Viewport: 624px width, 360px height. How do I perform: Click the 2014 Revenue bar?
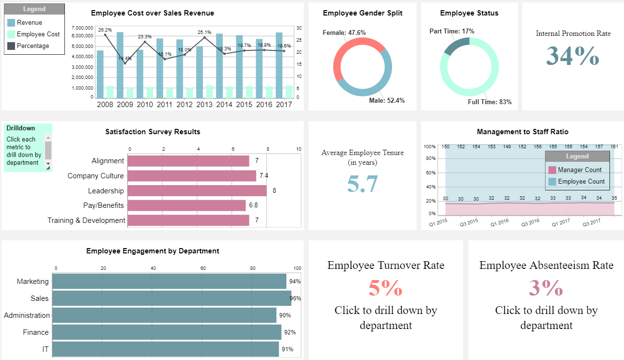pos(219,65)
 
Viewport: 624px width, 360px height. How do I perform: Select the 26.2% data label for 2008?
pos(105,30)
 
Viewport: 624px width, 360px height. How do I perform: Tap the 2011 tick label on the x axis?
pos(165,104)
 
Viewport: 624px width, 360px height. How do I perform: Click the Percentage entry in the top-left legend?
pos(32,46)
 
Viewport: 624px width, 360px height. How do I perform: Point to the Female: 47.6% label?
pos(344,32)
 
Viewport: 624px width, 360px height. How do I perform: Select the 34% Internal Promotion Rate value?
pos(573,56)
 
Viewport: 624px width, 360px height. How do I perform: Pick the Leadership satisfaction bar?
pos(197,190)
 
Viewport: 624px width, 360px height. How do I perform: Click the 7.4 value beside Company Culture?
pos(264,175)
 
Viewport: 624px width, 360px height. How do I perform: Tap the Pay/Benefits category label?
pos(103,205)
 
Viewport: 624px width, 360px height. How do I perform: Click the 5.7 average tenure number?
pos(362,184)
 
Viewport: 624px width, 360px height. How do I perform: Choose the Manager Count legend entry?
pos(579,170)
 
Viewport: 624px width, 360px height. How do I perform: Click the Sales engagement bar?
pos(172,298)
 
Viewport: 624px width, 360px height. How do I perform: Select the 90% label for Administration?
pos(285,315)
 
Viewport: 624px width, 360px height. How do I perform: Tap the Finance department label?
pos(36,332)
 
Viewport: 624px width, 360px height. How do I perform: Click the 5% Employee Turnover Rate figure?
pos(386,288)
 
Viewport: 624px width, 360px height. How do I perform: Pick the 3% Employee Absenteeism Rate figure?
pos(546,288)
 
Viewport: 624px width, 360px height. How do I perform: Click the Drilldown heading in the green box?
pos(21,128)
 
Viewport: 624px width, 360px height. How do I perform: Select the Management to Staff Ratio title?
pos(522,132)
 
